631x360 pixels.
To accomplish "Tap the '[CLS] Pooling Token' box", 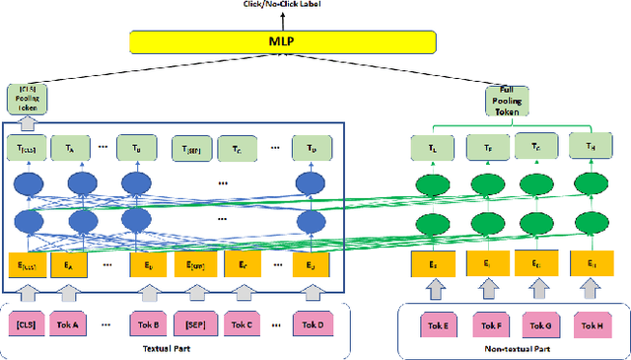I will pos(27,99).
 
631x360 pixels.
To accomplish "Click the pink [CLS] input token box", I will pos(29,323).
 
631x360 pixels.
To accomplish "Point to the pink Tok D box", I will pos(312,323).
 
